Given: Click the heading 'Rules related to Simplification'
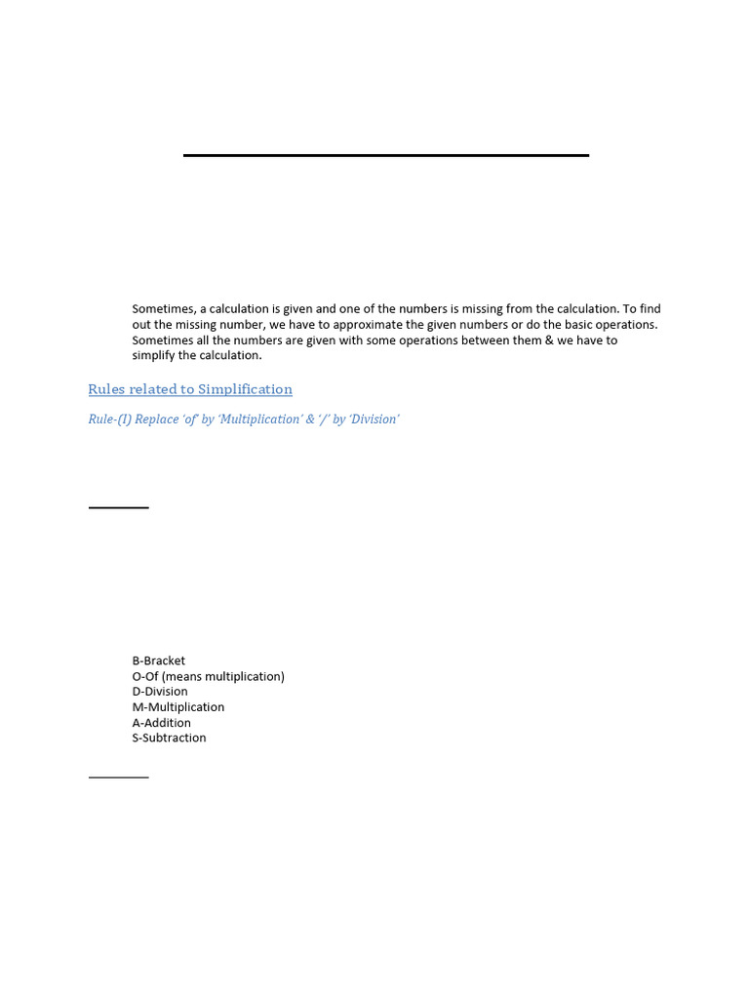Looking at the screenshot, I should (190, 389).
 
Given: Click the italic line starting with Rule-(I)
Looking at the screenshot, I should (244, 420).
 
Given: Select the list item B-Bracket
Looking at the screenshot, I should (159, 660).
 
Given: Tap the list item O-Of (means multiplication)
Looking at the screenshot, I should (209, 676).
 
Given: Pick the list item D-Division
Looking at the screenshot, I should (160, 692).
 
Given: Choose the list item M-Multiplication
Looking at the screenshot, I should (178, 707).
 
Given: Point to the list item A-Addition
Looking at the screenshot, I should (162, 723).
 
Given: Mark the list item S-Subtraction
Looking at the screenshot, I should (170, 739).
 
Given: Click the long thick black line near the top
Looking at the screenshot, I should (386, 155).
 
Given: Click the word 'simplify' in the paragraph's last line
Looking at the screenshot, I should (154, 356).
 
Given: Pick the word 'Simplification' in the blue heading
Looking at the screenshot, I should (245, 389).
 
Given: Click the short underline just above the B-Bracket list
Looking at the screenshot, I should (119, 507).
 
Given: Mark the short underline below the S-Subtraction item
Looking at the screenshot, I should (119, 778).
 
